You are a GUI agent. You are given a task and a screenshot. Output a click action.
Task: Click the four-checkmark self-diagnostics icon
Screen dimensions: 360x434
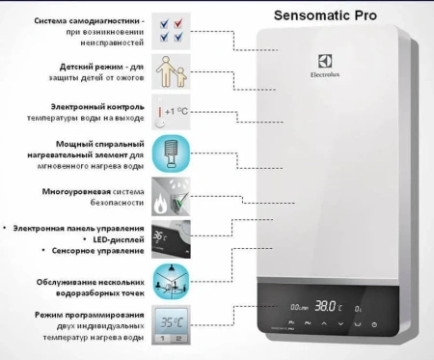(173, 30)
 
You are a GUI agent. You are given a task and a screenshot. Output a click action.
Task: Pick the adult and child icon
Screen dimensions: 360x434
(173, 72)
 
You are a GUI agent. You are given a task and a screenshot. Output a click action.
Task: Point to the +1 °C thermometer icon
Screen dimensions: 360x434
(172, 113)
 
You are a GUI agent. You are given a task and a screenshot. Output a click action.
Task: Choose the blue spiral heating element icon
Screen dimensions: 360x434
(173, 152)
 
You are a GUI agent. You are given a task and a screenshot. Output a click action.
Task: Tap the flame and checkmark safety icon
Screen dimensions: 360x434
(173, 194)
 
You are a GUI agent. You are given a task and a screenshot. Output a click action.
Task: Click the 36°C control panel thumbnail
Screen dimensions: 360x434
(173, 235)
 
